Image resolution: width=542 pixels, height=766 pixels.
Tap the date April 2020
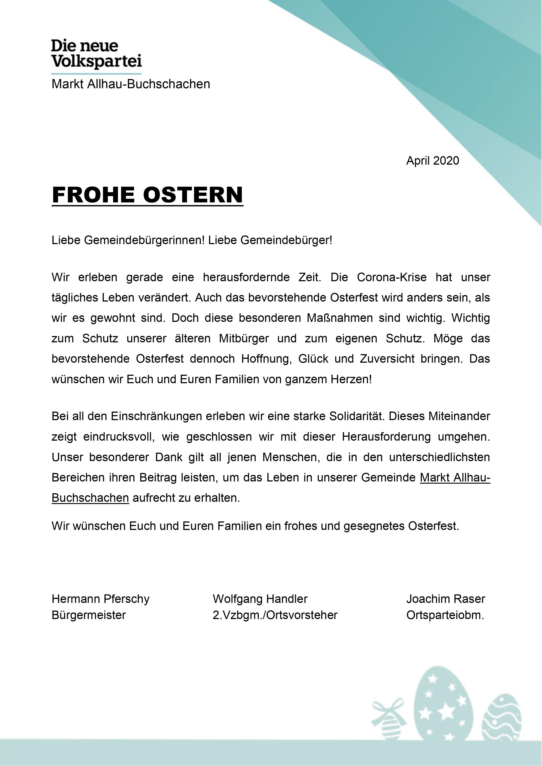click(x=433, y=161)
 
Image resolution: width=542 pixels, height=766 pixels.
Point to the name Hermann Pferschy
click(x=100, y=599)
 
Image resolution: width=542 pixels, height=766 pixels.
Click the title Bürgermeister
click(x=89, y=615)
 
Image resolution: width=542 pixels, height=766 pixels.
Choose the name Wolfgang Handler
click(x=260, y=599)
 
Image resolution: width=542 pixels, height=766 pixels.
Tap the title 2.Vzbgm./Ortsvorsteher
click(x=275, y=615)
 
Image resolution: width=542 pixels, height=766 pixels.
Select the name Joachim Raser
click(x=445, y=599)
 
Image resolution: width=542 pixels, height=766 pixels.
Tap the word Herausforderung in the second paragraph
click(x=386, y=437)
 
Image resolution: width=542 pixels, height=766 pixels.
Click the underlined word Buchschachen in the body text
click(x=90, y=498)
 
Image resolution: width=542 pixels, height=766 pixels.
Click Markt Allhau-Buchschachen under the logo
click(x=131, y=84)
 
